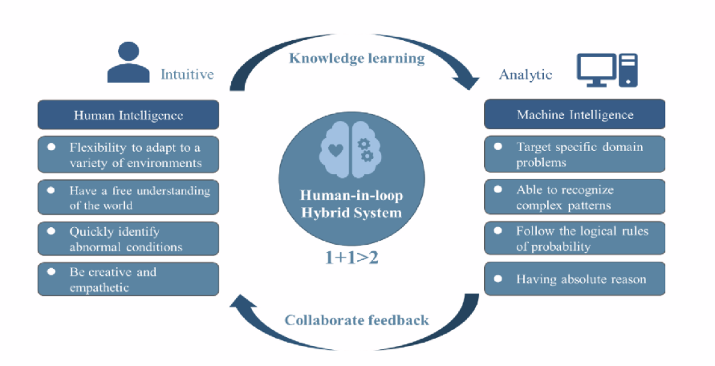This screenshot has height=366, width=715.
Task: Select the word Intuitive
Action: tap(186, 75)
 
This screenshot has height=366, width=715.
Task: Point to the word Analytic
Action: tap(526, 75)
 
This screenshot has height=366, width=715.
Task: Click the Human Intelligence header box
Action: tap(128, 115)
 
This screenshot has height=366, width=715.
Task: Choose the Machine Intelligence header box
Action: tap(574, 115)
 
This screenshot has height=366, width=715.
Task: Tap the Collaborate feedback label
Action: tap(357, 319)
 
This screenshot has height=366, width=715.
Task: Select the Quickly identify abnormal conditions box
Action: tap(128, 238)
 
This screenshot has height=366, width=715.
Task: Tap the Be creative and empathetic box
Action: tap(128, 279)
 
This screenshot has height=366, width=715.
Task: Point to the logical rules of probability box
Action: tap(574, 238)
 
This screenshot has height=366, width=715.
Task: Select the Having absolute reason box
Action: tap(574, 279)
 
